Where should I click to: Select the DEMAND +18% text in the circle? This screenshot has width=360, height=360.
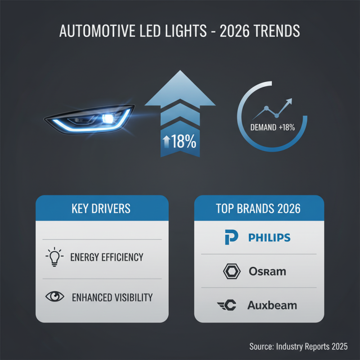(272, 127)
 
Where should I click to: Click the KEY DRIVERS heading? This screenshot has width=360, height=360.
(101, 209)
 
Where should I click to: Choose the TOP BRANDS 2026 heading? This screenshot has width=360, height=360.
(259, 209)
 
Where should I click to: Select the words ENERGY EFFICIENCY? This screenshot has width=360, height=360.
(107, 257)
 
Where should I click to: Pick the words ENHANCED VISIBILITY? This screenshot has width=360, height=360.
(112, 297)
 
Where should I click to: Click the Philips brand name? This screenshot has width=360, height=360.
(270, 238)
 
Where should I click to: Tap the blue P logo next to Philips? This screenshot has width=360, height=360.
(231, 238)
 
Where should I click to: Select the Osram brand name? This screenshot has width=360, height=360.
(267, 271)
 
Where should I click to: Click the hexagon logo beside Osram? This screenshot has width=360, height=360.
(231, 271)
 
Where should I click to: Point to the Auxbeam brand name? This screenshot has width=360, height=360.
(272, 305)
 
